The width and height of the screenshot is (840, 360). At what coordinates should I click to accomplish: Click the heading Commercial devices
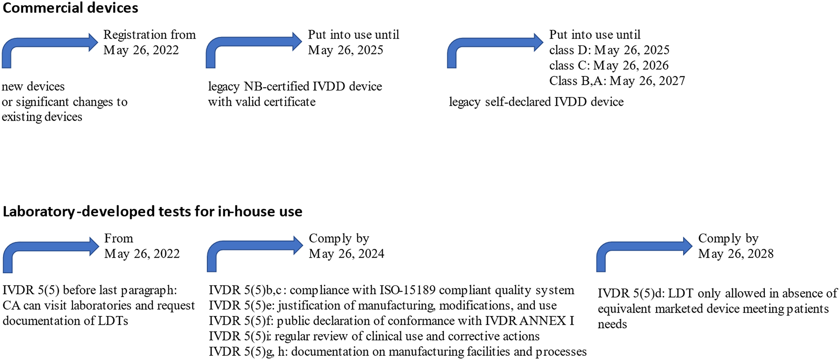coord(70,8)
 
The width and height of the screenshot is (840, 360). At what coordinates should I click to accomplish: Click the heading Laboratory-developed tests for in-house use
coord(152,211)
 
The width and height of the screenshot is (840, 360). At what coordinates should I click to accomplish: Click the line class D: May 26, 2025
coord(609,50)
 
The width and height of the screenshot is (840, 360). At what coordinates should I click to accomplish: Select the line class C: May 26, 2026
coord(609,65)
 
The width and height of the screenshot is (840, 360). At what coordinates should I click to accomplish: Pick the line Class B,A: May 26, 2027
coord(617,81)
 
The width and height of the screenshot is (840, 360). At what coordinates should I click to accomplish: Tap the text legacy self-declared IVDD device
coord(536,102)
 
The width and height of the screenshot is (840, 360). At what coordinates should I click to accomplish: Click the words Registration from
coord(149,35)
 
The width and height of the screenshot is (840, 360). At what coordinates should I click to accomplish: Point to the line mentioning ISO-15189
coord(391,290)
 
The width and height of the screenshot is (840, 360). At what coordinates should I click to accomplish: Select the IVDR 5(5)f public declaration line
coord(391,321)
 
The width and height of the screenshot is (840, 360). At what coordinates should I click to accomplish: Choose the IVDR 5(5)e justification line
coord(382,305)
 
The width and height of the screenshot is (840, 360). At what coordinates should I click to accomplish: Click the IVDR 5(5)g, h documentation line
coord(398,352)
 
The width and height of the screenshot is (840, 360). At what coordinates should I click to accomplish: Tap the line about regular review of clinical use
coord(374,336)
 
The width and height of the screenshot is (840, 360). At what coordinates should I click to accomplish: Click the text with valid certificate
coord(262,102)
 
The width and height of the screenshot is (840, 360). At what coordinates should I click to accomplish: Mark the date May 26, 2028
coord(735,254)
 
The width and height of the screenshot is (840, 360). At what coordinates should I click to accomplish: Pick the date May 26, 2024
coord(346,254)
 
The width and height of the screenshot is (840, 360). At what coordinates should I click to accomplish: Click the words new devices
coord(33,86)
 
